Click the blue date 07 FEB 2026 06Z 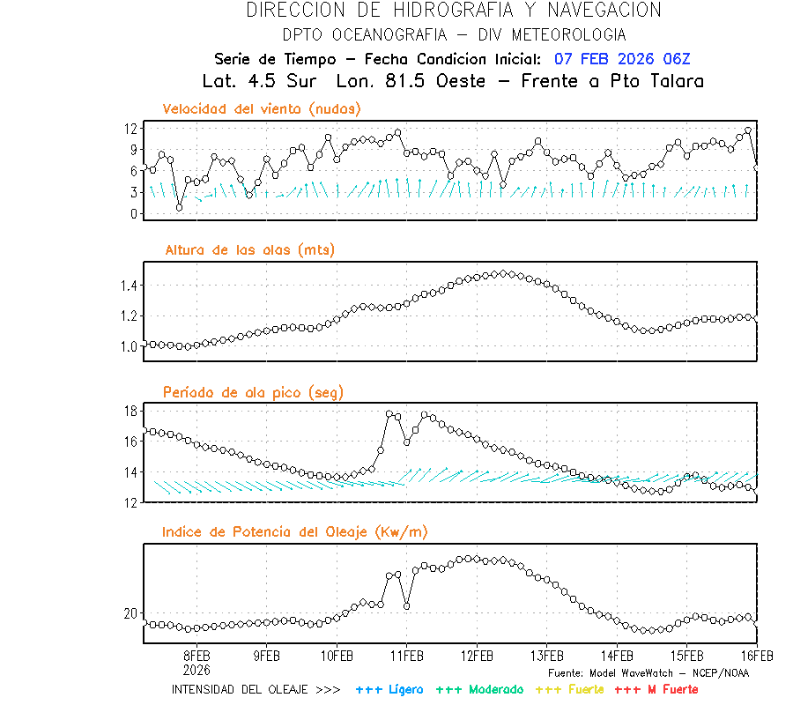[x=622, y=59]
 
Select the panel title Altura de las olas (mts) [x=249, y=250]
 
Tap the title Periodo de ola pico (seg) [x=253, y=391]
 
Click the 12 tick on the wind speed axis [x=130, y=129]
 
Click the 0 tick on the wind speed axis [x=134, y=213]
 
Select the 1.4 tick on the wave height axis [x=129, y=286]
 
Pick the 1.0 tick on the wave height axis [x=129, y=346]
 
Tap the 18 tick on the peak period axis [x=130, y=411]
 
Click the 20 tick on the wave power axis [x=130, y=613]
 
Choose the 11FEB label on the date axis [x=406, y=657]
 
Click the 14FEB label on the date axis [x=617, y=657]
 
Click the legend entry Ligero [x=389, y=689]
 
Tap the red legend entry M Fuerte [x=656, y=689]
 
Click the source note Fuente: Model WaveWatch [x=648, y=672]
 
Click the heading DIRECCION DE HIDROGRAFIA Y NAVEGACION [x=454, y=11]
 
